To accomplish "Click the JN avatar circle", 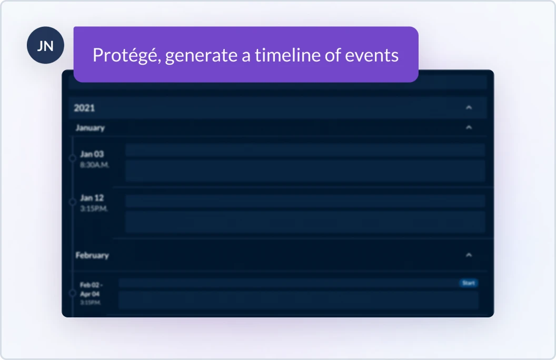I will (45, 46).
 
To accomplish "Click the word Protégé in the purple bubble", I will (126, 55).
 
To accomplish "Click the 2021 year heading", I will (84, 108).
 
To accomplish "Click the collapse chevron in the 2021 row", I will (469, 108).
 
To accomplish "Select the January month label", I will (90, 128).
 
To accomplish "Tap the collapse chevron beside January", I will (469, 127).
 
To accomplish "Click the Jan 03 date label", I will (92, 154).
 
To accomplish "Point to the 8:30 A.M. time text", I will (95, 165).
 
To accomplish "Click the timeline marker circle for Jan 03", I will (73, 158).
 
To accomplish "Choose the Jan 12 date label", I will (92, 198).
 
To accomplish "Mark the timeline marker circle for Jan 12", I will (73, 202).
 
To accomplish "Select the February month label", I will (92, 255).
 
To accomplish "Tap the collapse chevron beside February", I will (469, 255).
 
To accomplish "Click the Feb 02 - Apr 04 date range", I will (91, 289).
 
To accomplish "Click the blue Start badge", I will (468, 283).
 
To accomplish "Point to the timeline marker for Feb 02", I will (73, 293).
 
